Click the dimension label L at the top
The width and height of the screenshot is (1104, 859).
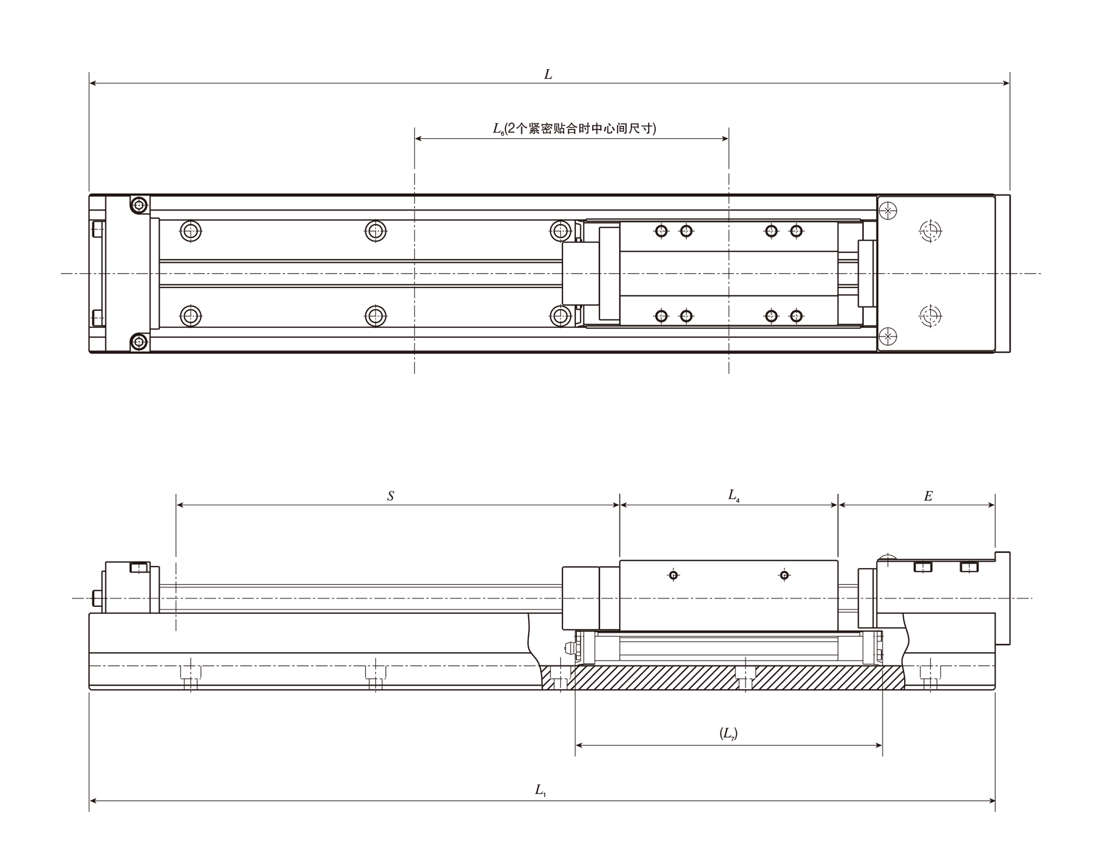coord(548,74)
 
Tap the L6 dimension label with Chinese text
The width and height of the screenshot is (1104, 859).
coord(575,129)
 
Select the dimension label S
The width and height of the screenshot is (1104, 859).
coord(391,496)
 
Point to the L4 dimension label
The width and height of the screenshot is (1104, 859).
coord(734,495)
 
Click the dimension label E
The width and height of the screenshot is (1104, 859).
coord(928,496)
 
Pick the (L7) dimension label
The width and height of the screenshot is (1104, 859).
coord(729,733)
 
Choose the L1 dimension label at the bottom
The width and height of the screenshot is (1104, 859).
coord(540,790)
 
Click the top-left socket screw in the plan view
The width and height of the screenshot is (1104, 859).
coord(140,205)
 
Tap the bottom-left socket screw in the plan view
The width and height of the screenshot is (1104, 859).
coord(140,342)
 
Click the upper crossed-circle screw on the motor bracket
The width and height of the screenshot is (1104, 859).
coord(888,211)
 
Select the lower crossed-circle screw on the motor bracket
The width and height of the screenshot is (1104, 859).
coord(888,336)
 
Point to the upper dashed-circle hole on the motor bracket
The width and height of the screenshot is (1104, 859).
coord(931,231)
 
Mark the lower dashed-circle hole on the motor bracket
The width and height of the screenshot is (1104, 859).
coord(931,316)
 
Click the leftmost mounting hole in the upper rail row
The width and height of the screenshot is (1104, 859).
coord(191,231)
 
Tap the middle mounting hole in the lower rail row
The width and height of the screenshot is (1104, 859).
coord(376,316)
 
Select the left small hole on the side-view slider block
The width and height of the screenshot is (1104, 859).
coord(673,575)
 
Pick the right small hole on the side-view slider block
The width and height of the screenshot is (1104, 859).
coord(784,575)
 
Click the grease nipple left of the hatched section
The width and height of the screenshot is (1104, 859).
coord(569,648)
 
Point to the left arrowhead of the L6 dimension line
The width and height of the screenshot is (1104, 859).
coord(418,138)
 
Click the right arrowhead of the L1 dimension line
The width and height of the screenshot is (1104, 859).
coord(991,801)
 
